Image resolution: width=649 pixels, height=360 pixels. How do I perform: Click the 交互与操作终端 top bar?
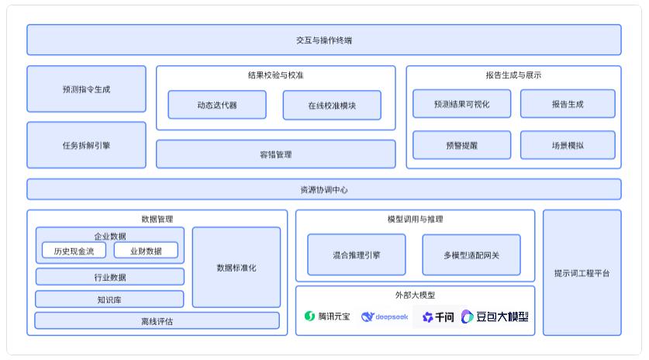pos(324,40)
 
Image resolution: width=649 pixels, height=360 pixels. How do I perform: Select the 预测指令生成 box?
pos(86,89)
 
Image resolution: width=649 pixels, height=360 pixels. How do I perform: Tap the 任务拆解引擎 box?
pos(86,145)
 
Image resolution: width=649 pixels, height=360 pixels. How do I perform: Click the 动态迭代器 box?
pos(217,105)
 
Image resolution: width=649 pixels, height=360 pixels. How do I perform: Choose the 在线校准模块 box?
pos(332,105)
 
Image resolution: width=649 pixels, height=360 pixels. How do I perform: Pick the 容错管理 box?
pos(275,154)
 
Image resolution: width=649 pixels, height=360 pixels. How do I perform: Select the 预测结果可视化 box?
pos(461,104)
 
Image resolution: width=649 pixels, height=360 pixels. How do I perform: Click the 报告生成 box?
pos(568,104)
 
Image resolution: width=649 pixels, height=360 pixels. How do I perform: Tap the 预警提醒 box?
pos(461,145)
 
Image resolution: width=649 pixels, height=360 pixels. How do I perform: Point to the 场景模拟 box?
pos(568,145)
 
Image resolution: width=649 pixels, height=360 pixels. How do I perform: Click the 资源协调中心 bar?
pos(324,189)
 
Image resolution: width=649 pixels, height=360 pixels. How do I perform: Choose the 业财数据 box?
pos(146,251)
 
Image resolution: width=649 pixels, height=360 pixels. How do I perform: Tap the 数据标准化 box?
pos(236,268)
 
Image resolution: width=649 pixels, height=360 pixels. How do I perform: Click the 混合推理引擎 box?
pos(357,254)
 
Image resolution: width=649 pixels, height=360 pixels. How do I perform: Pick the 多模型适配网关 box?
pos(471,254)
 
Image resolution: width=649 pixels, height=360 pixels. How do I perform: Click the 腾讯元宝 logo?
pos(327,317)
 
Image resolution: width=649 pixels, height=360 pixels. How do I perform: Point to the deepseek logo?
pos(385,317)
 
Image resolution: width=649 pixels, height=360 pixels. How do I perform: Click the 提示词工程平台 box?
pos(582,273)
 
